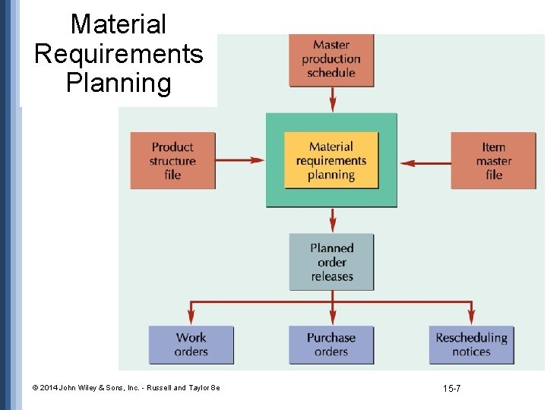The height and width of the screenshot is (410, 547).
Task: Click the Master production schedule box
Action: (x=331, y=59)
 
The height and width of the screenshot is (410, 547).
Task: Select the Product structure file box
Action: (x=172, y=160)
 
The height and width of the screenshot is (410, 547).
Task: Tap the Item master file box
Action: (x=493, y=160)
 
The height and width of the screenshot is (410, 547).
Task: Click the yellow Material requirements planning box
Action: (x=331, y=160)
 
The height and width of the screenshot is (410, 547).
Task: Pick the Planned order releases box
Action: (x=331, y=262)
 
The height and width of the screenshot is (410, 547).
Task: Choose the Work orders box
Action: (x=191, y=345)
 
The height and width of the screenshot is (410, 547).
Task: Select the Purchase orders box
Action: (x=331, y=345)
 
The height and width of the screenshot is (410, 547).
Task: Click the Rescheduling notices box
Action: (x=471, y=345)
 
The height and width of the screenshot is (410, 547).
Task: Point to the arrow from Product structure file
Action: (x=240, y=160)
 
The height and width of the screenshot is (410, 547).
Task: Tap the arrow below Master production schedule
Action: (x=332, y=99)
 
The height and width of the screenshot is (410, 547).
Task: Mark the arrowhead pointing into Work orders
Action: (x=191, y=320)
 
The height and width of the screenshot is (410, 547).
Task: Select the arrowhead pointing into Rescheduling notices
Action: (x=471, y=320)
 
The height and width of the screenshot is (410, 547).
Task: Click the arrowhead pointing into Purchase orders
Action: (x=332, y=320)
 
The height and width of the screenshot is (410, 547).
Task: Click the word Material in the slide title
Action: (x=118, y=24)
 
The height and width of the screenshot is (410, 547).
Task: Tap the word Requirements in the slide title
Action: (x=119, y=54)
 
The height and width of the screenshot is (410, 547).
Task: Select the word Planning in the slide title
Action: (x=119, y=82)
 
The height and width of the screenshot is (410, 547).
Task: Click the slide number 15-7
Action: (x=451, y=389)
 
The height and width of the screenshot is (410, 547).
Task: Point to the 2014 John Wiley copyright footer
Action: (x=126, y=388)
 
